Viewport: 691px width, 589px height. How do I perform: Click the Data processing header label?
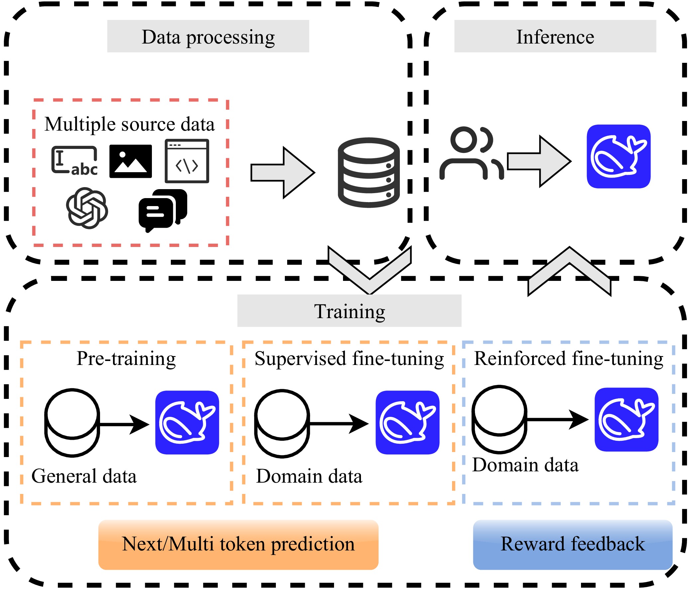[x=208, y=36]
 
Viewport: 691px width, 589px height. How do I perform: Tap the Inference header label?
[x=555, y=36]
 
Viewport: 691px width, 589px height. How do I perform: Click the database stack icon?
[x=369, y=172]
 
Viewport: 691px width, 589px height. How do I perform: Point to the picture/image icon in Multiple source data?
[x=130, y=161]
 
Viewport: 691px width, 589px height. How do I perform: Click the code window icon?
[x=187, y=161]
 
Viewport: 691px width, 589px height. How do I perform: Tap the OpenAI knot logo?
[x=87, y=208]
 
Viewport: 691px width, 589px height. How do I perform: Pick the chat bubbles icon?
[x=163, y=209]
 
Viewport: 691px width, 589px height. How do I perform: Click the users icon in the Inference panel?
[x=471, y=153]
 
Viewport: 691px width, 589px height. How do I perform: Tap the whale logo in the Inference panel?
[x=618, y=157]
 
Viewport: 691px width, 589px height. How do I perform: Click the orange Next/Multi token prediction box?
[x=238, y=544]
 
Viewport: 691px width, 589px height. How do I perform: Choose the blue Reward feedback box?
[x=572, y=544]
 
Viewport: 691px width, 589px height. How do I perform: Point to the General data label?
[x=84, y=476]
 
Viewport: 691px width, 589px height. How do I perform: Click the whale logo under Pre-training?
[x=187, y=422]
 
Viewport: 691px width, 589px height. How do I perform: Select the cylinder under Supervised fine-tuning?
[x=282, y=423]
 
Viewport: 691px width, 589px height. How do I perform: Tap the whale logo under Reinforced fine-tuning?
[x=626, y=419]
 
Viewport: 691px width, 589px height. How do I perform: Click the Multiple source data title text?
[x=129, y=124]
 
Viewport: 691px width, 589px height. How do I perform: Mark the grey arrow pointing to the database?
[x=282, y=173]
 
